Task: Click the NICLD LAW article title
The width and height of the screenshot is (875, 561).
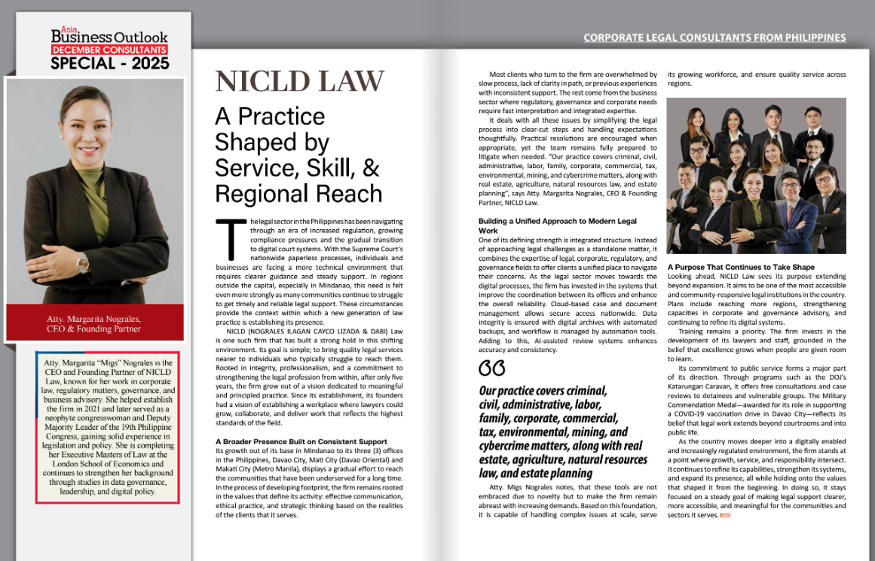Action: (300, 81)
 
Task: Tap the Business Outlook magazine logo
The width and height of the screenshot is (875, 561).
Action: (109, 36)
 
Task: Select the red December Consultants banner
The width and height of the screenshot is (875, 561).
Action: (109, 50)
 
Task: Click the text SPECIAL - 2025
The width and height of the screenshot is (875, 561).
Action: (109, 63)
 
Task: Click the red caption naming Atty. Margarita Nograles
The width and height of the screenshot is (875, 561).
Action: (94, 323)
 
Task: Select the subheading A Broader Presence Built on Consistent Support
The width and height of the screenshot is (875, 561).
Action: (301, 440)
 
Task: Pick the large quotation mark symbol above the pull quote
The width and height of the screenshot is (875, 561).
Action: (491, 369)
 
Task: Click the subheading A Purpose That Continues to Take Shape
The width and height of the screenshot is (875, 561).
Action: (741, 267)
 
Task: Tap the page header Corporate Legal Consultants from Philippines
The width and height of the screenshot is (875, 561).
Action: (714, 37)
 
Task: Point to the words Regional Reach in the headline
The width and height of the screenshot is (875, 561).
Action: (298, 193)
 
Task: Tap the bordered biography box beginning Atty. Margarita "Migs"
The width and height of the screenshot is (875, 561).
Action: (106, 427)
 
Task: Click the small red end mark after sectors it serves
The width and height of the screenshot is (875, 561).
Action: (726, 515)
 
